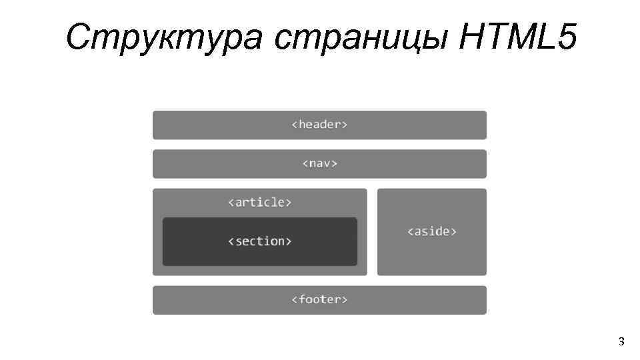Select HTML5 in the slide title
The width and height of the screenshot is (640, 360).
click(x=517, y=37)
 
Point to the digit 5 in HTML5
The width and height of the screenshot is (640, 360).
click(x=564, y=37)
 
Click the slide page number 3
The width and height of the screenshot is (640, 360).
click(x=621, y=342)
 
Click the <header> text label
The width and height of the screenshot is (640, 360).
click(x=319, y=125)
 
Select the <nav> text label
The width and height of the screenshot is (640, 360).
click(x=319, y=163)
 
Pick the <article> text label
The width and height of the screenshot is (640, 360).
click(x=259, y=202)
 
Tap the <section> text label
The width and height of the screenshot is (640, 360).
click(x=259, y=241)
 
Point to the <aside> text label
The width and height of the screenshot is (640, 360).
click(x=432, y=231)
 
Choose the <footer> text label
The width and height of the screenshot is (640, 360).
click(x=319, y=299)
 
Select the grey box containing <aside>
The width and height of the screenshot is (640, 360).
click(x=432, y=257)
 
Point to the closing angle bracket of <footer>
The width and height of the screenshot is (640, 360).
click(x=345, y=300)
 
